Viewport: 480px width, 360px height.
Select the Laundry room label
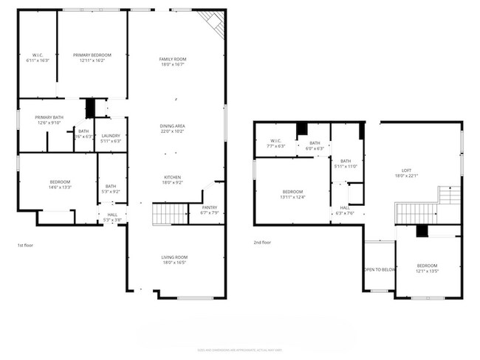pyautogui.click(x=111, y=138)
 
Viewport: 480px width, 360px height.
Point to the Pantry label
pyautogui.click(x=209, y=211)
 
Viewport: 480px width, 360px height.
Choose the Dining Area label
pyautogui.click(x=172, y=129)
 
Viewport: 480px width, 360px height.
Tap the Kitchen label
pyautogui.click(x=172, y=179)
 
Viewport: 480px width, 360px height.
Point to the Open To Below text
pyautogui.click(x=379, y=270)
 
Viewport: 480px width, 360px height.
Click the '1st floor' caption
pyautogui.click(x=25, y=244)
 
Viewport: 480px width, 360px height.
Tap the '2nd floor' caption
pyautogui.click(x=262, y=242)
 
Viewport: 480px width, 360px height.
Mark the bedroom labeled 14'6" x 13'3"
pyautogui.click(x=60, y=184)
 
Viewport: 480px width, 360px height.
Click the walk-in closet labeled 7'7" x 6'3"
pyautogui.click(x=277, y=144)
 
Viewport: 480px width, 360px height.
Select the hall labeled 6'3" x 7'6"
pyautogui.click(x=345, y=211)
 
